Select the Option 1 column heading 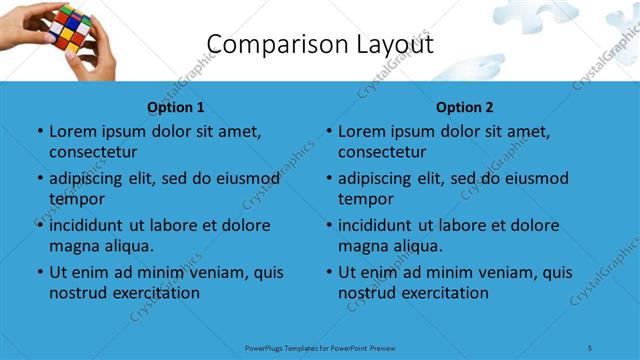click(x=176, y=107)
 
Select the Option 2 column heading click(x=465, y=107)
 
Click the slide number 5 click(x=591, y=348)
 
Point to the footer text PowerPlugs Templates click(x=291, y=348)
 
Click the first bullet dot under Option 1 click(x=39, y=131)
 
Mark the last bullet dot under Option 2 click(x=328, y=272)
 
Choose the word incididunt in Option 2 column click(x=379, y=225)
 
